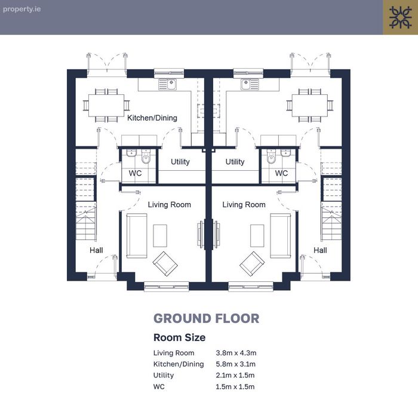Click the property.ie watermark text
point(22,9)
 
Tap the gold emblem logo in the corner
point(401,17)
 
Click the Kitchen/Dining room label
point(152,118)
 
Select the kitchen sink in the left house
point(168,84)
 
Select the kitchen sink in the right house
point(250,84)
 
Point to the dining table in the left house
point(106,106)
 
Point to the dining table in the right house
point(310,106)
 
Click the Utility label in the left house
point(180,162)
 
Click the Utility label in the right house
point(235,162)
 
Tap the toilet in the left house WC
point(146,156)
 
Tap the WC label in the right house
point(281,173)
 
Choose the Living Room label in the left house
point(170,205)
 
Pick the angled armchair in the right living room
point(252,264)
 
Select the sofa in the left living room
point(137,236)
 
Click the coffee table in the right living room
point(257,236)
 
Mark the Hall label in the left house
point(96,250)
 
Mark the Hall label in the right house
point(320,250)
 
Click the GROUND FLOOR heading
point(207,318)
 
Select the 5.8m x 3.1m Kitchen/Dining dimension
point(236,364)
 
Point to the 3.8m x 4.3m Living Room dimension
point(236,353)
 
